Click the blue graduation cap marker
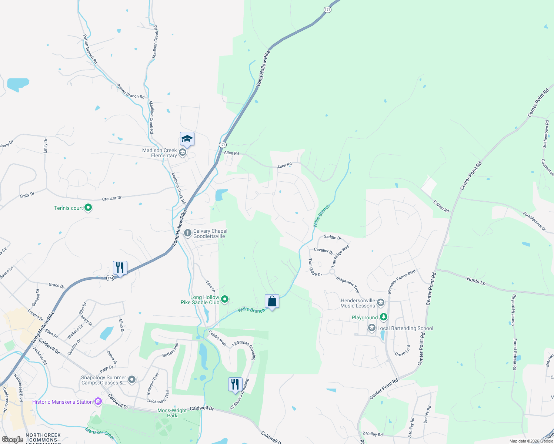[x=187, y=139]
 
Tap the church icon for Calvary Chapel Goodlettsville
[x=188, y=233]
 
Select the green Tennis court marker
[x=88, y=208]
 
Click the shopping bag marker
[x=272, y=302]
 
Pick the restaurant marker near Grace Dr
[x=120, y=268]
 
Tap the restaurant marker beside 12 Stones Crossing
[x=235, y=384]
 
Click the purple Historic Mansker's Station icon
[x=98, y=402]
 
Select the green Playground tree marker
[x=384, y=317]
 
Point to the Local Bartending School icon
[x=372, y=328]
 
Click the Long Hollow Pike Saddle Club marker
[x=225, y=299]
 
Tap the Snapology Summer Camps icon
[x=131, y=380]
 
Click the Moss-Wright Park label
[x=172, y=413]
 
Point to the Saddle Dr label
[x=333, y=237]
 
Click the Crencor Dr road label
[x=112, y=199]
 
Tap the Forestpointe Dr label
[x=534, y=221]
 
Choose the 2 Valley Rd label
[x=373, y=434]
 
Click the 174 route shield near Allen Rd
[x=223, y=145]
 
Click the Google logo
[x=12, y=439]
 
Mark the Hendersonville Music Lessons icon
[x=380, y=303]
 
